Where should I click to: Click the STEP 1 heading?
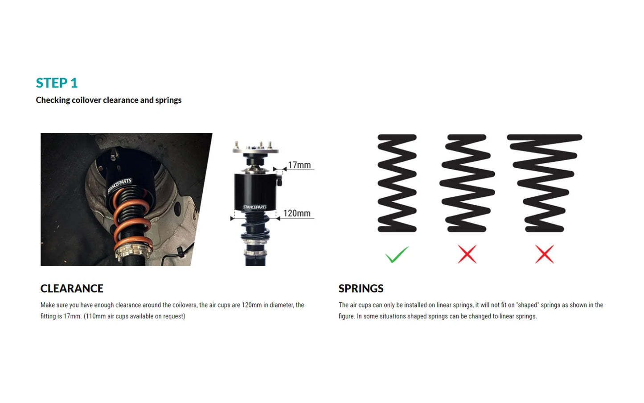point(57,83)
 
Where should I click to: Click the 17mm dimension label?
point(299,165)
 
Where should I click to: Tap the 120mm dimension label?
point(297,213)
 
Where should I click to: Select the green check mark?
point(396,254)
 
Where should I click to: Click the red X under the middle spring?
point(467,254)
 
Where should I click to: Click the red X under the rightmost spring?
point(544,254)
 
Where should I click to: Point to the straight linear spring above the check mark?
point(397,183)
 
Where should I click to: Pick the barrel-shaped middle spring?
point(467,183)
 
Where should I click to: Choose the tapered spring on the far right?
point(544,183)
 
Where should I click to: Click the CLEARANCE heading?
point(72,289)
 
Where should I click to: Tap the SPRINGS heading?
point(361,289)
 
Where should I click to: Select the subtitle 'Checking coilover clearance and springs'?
point(109,100)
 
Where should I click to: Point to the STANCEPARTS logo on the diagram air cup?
point(254,207)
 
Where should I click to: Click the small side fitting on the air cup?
point(279,181)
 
